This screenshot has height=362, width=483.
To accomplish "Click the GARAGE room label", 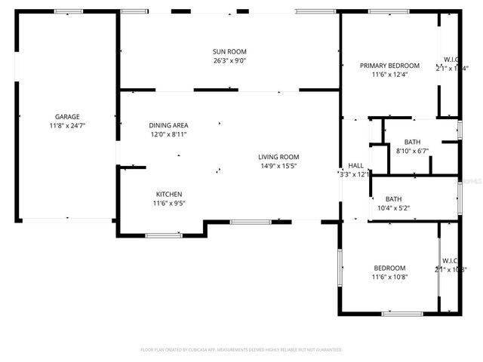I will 67,117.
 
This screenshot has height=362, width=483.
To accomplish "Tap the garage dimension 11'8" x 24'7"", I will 67,126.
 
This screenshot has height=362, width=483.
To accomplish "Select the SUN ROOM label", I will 229,51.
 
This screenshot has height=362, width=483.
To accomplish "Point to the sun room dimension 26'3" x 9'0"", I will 229,60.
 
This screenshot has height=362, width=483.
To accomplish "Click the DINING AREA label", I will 168,125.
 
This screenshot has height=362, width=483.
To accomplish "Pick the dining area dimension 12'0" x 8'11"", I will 168,134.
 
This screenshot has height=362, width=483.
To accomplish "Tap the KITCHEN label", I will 169,194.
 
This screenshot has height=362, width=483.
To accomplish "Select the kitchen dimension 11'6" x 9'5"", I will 169,203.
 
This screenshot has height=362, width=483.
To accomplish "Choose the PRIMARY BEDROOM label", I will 389,66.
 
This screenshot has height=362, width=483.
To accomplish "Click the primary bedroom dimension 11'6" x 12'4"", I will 389,75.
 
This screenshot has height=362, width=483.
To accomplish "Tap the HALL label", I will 355,166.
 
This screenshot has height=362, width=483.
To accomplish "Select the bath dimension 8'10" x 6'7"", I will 412,151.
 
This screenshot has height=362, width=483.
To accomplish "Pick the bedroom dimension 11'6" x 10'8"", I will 389,278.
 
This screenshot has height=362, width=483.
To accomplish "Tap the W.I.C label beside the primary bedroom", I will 451,60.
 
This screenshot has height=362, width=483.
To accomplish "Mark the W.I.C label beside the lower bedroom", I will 451,261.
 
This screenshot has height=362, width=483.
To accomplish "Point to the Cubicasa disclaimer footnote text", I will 241,350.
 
